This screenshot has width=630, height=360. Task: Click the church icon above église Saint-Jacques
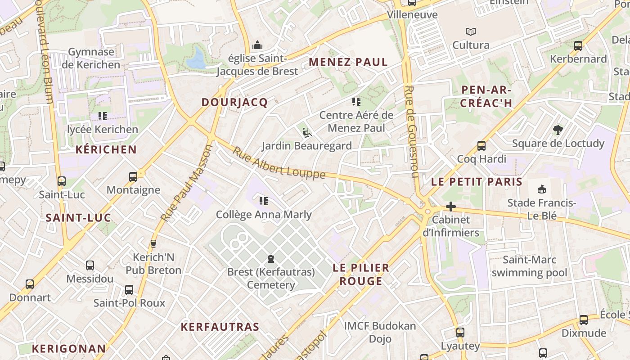(257, 45)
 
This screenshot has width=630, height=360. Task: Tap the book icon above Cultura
(471, 32)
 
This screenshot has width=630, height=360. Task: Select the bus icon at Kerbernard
(578, 46)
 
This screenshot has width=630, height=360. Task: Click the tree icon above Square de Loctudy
(558, 130)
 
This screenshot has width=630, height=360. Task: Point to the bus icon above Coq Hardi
(481, 146)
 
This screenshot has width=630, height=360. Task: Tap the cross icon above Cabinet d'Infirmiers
(450, 207)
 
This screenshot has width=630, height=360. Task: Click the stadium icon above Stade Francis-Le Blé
(542, 189)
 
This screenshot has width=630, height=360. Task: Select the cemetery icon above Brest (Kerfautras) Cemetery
(271, 259)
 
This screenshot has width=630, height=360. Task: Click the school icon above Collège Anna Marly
(264, 201)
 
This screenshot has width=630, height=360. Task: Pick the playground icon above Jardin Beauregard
(306, 132)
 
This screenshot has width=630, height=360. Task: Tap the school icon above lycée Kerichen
(103, 116)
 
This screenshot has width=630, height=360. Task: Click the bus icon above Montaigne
(133, 176)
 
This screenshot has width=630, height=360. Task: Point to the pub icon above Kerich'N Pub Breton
(153, 244)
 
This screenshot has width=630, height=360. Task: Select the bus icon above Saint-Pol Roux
(129, 289)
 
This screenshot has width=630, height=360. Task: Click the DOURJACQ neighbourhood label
(234, 102)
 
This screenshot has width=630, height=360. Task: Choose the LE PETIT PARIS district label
(477, 182)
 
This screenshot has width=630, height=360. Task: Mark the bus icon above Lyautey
(460, 333)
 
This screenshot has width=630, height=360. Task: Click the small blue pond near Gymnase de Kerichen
(196, 59)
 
